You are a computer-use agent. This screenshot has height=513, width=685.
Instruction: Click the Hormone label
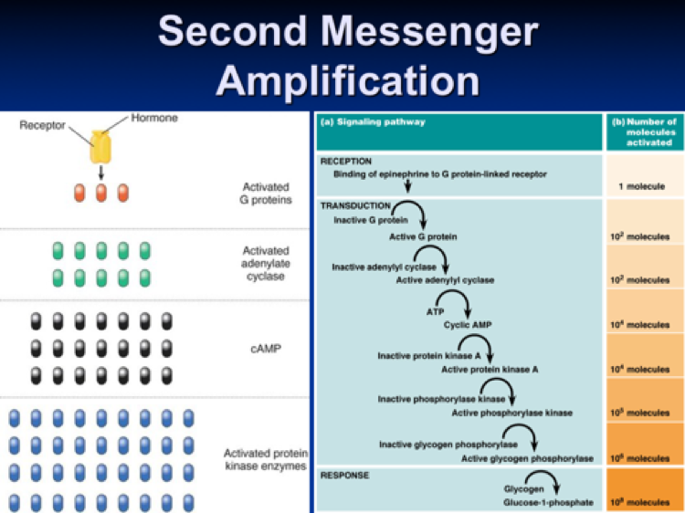point(154,118)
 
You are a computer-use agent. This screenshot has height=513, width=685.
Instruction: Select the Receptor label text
point(42,124)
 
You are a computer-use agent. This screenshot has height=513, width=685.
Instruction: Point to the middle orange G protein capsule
point(100,194)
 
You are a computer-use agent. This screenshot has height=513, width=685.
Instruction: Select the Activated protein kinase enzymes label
point(265,460)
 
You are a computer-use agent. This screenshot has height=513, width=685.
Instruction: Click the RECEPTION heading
point(346,161)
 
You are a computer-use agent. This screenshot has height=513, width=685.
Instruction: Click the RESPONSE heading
point(343,475)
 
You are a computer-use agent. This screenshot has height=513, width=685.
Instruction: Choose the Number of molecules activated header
point(644,132)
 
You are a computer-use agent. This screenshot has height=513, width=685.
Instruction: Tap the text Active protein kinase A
point(490,369)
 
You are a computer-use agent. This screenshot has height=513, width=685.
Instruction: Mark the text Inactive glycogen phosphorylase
point(441,444)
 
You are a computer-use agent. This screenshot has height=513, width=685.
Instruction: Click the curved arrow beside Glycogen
point(545,483)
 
